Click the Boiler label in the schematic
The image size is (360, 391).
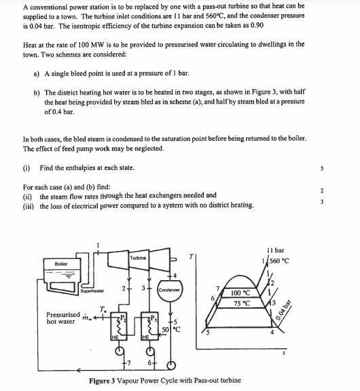click(x=61, y=264)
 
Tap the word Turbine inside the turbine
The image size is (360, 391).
click(x=138, y=258)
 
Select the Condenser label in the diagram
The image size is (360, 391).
click(x=169, y=290)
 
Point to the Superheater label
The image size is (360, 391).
click(x=92, y=291)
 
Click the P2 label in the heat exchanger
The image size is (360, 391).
click(x=123, y=318)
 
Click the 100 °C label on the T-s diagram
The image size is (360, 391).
click(x=240, y=293)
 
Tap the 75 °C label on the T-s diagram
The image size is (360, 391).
click(x=242, y=303)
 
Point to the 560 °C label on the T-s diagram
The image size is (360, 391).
click(x=279, y=261)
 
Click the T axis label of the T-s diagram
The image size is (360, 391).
click(x=191, y=256)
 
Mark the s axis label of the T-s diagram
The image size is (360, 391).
click(x=283, y=354)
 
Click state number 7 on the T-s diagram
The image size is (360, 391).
click(x=218, y=289)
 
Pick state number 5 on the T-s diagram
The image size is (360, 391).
click(x=208, y=333)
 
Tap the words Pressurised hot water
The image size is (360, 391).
click(x=63, y=318)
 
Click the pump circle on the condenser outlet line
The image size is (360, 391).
click(x=171, y=366)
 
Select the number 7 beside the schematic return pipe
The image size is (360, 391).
click(x=128, y=363)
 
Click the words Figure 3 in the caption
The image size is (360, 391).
click(x=102, y=381)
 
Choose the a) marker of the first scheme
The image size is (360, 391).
click(x=37, y=74)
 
